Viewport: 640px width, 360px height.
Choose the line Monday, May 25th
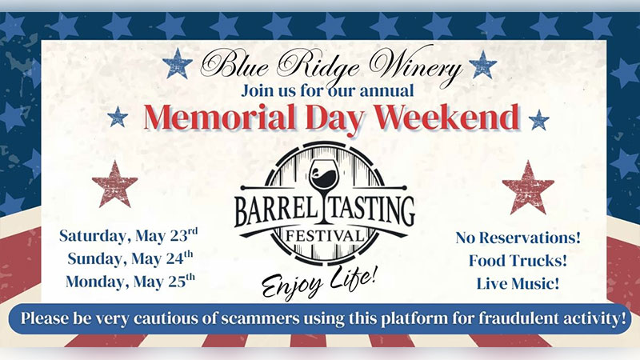tap(130, 281)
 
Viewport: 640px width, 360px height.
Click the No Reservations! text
tap(518, 238)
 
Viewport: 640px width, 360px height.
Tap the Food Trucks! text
tap(518, 260)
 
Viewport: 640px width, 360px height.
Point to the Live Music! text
tap(518, 282)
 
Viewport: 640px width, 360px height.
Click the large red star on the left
tap(114, 184)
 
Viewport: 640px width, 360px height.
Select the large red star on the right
tap(528, 187)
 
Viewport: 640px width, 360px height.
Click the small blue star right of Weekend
tap(538, 120)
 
